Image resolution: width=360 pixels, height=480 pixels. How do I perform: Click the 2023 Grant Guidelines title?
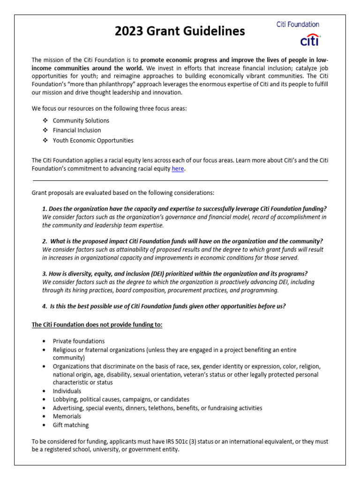(180, 31)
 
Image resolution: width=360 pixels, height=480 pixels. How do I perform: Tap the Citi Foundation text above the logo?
(298, 24)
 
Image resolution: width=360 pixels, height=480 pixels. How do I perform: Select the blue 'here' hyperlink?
(178, 169)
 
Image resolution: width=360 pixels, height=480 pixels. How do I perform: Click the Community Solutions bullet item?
(81, 120)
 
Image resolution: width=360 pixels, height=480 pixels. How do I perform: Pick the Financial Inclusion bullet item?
(77, 130)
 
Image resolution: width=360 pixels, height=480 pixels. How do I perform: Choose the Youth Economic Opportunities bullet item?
(93, 140)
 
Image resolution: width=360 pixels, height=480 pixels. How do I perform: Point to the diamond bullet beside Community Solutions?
(45, 120)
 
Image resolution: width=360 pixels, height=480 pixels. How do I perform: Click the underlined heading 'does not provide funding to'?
(97, 324)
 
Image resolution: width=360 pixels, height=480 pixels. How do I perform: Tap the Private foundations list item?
(79, 341)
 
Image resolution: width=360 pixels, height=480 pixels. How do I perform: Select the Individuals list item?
(67, 391)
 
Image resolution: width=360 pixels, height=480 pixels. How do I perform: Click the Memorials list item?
(67, 416)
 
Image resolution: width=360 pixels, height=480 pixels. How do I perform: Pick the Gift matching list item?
(71, 425)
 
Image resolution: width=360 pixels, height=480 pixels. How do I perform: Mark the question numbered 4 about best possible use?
(164, 307)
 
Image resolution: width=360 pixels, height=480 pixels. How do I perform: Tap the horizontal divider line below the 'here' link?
(180, 180)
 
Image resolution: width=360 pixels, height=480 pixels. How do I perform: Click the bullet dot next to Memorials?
(44, 416)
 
